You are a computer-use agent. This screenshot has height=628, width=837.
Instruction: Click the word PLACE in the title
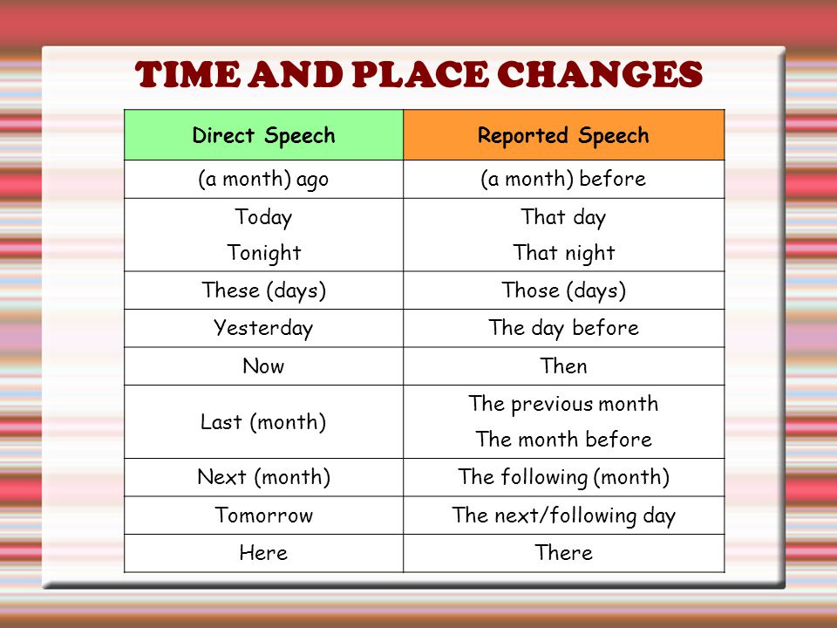(x=420, y=74)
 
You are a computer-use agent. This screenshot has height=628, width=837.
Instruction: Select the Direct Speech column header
(x=263, y=135)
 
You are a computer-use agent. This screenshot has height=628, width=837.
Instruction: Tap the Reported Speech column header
(x=564, y=135)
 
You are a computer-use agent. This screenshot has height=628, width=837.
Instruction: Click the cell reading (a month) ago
(x=263, y=180)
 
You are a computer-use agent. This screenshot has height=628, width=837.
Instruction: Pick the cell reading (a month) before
(x=564, y=180)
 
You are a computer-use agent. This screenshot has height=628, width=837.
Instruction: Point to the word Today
(x=263, y=217)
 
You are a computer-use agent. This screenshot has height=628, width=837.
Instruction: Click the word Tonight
(x=264, y=253)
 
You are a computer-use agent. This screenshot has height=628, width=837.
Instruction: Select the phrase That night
(x=564, y=253)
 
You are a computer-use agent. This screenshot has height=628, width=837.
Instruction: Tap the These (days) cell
(x=263, y=290)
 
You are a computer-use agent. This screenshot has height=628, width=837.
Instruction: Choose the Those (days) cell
(x=564, y=290)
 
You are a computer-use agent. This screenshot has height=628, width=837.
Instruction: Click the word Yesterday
(x=263, y=328)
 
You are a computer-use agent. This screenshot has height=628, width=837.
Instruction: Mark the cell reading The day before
(x=564, y=329)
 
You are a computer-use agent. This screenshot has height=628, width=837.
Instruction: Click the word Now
(x=263, y=366)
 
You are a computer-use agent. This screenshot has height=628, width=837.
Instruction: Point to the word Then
(x=564, y=366)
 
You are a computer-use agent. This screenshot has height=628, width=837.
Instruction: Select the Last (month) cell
(x=263, y=422)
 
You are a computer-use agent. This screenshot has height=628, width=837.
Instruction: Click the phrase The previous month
(x=564, y=404)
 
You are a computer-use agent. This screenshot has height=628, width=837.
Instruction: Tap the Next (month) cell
(x=263, y=477)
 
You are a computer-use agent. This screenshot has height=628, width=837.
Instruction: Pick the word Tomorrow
(x=263, y=515)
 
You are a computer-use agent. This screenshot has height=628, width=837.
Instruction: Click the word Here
(x=263, y=553)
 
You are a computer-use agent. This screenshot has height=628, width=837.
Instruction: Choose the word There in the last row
(x=564, y=553)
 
